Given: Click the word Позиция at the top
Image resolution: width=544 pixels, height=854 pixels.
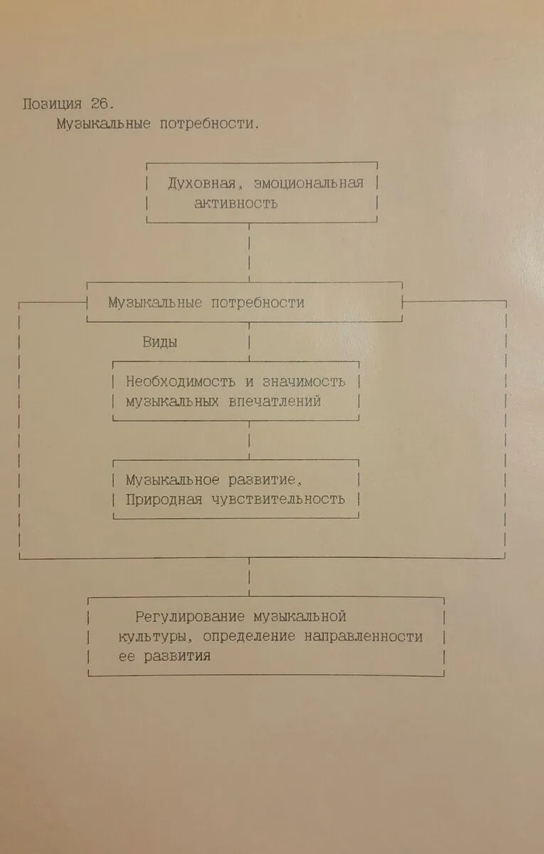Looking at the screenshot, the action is pos(52,104).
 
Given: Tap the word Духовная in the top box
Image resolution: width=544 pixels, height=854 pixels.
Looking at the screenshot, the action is pos(202,184).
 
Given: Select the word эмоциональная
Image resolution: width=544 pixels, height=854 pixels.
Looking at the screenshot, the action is pos(309,184).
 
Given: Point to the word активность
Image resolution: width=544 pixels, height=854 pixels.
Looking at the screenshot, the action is pos(236,204).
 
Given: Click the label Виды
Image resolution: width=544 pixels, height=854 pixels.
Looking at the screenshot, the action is pos(160,342).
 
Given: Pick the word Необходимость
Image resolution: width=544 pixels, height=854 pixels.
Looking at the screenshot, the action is pos(181,381).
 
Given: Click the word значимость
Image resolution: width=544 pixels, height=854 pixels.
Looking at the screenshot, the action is pos(304,381).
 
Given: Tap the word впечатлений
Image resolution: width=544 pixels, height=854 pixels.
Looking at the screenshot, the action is pos(274,401).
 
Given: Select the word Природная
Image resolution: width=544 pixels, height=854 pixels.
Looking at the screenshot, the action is pos(164,500).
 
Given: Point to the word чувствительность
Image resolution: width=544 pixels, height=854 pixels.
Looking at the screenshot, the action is pos(279,500).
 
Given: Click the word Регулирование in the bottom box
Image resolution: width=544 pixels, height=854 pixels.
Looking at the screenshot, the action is pos(190,617).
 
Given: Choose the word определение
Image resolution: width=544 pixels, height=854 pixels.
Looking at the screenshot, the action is pos(249,636).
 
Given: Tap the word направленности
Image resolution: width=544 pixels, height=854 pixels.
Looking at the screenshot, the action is pos(363,636).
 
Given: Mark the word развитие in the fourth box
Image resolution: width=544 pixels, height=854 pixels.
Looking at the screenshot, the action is pos(262,480).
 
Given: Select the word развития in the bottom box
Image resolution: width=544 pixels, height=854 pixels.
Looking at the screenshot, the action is pos(177,656).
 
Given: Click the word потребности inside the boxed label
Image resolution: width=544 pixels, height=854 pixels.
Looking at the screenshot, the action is pos(257,302).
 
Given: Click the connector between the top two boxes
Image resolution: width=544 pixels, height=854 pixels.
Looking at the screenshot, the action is pos(249,253).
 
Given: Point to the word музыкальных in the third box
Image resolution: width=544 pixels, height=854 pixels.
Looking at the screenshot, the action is pos(172,401).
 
